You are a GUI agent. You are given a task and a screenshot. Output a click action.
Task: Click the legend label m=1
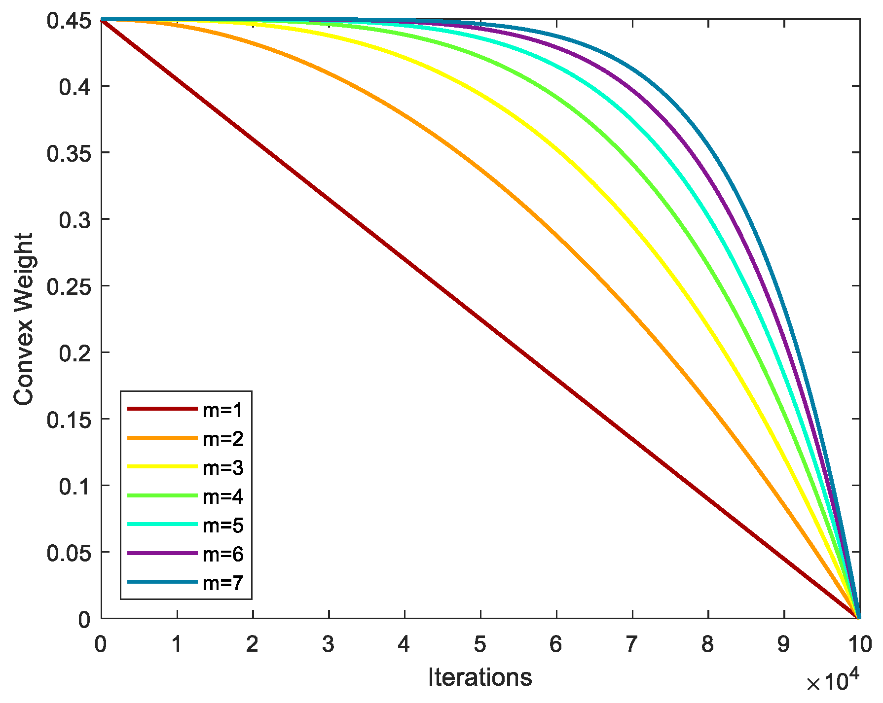[x=223, y=410]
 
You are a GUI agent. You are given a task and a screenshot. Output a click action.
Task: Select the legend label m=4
[x=223, y=496]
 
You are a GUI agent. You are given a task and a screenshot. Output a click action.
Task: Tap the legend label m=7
[x=223, y=583]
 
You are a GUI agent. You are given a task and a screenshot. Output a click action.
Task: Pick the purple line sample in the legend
[x=162, y=554]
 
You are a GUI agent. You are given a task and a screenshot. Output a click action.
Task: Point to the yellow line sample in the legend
[x=162, y=467]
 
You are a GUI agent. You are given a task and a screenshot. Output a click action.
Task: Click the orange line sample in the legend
[x=162, y=438]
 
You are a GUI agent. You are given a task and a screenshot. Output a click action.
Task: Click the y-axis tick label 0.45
[x=69, y=21]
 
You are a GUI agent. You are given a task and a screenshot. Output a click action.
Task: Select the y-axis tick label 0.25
[x=69, y=287]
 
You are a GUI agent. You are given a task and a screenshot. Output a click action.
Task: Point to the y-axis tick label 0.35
[x=69, y=154]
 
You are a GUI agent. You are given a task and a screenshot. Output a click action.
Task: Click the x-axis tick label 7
[x=632, y=644]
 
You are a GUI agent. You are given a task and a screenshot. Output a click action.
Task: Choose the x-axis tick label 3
[x=328, y=644]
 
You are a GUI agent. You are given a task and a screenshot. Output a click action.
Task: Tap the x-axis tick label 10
[x=860, y=644]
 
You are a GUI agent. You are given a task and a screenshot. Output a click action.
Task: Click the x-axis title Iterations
[x=480, y=677]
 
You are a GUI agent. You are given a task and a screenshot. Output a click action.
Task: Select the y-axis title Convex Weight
[x=23, y=319]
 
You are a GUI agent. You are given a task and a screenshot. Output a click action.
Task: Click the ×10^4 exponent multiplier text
[x=833, y=682]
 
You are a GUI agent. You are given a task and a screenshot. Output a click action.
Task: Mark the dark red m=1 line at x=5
[x=480, y=319]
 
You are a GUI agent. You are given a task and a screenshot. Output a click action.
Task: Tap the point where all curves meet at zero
[x=859, y=618]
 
